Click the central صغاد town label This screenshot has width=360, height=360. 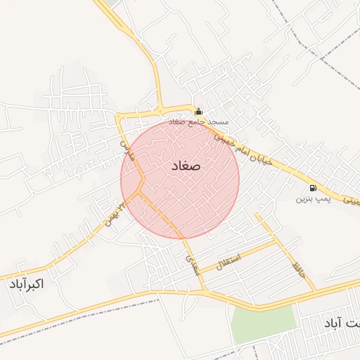tap(186, 167)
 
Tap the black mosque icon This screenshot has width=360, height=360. tap(198, 111)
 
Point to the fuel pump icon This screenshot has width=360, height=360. tap(312, 188)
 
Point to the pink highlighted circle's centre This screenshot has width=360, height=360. tap(180, 179)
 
